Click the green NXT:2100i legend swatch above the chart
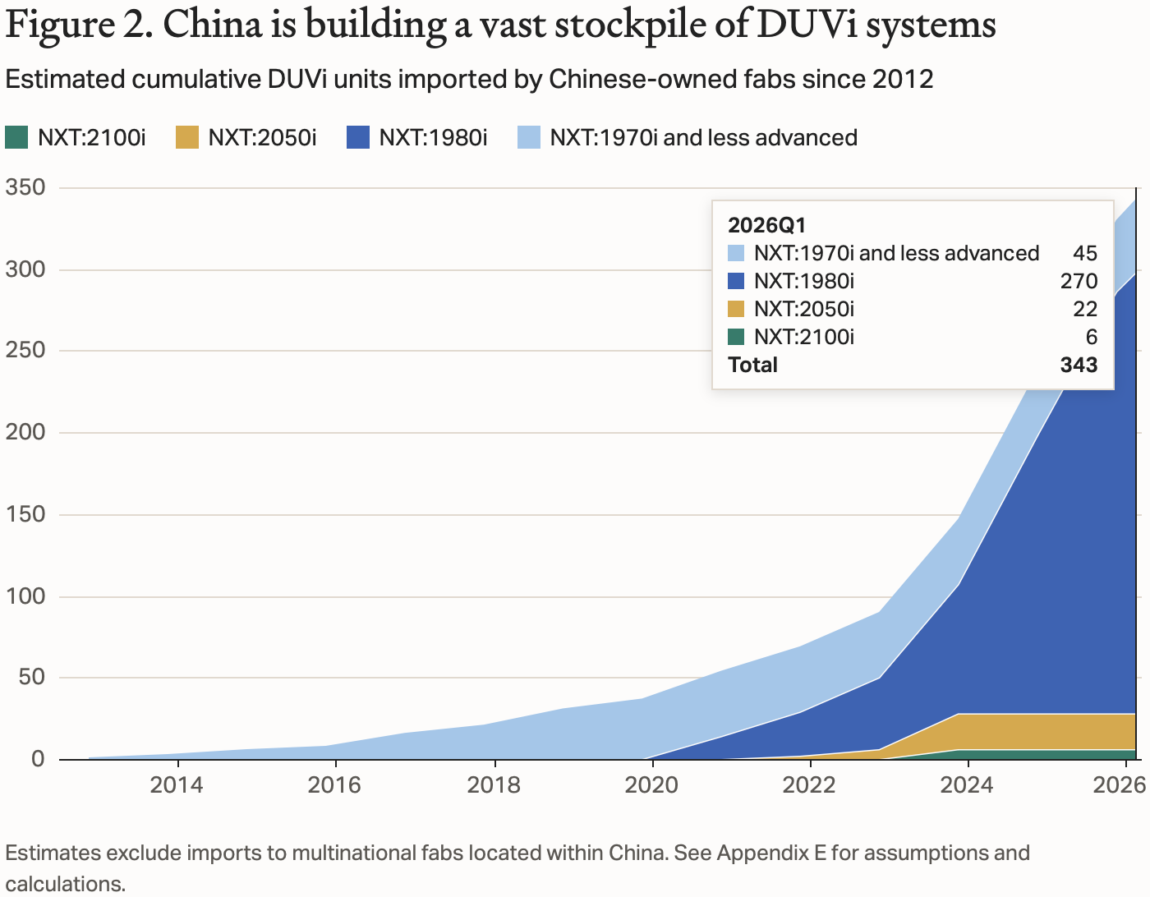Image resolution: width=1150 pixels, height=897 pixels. pyautogui.click(x=16, y=138)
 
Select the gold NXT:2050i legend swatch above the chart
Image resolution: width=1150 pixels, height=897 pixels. pyautogui.click(x=187, y=138)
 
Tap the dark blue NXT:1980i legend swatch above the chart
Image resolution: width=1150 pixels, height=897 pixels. pyautogui.click(x=358, y=138)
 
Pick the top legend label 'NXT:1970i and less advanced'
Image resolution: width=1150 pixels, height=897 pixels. pyautogui.click(x=703, y=138)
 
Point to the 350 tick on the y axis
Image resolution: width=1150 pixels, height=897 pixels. pyautogui.click(x=25, y=187)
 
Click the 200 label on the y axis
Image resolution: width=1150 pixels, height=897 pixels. pyautogui.click(x=25, y=432)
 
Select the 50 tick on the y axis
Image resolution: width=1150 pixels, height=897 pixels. pyautogui.click(x=32, y=677)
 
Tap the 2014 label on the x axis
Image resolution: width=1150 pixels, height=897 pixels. pyautogui.click(x=177, y=784)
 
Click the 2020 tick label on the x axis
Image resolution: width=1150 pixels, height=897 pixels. pyautogui.click(x=651, y=784)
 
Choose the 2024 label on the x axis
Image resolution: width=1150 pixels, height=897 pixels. pyautogui.click(x=967, y=784)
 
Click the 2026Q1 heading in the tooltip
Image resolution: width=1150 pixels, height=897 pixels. pyautogui.click(x=766, y=225)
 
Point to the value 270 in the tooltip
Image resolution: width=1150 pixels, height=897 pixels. pyautogui.click(x=1079, y=281)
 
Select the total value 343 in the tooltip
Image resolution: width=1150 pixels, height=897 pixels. pyautogui.click(x=1079, y=365)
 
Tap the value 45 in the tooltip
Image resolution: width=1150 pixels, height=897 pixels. pyautogui.click(x=1085, y=253)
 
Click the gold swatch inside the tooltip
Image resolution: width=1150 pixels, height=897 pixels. pyautogui.click(x=736, y=309)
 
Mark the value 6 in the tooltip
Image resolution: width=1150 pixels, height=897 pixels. pyautogui.click(x=1091, y=337)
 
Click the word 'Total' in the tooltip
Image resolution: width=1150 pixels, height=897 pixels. pyautogui.click(x=752, y=365)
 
